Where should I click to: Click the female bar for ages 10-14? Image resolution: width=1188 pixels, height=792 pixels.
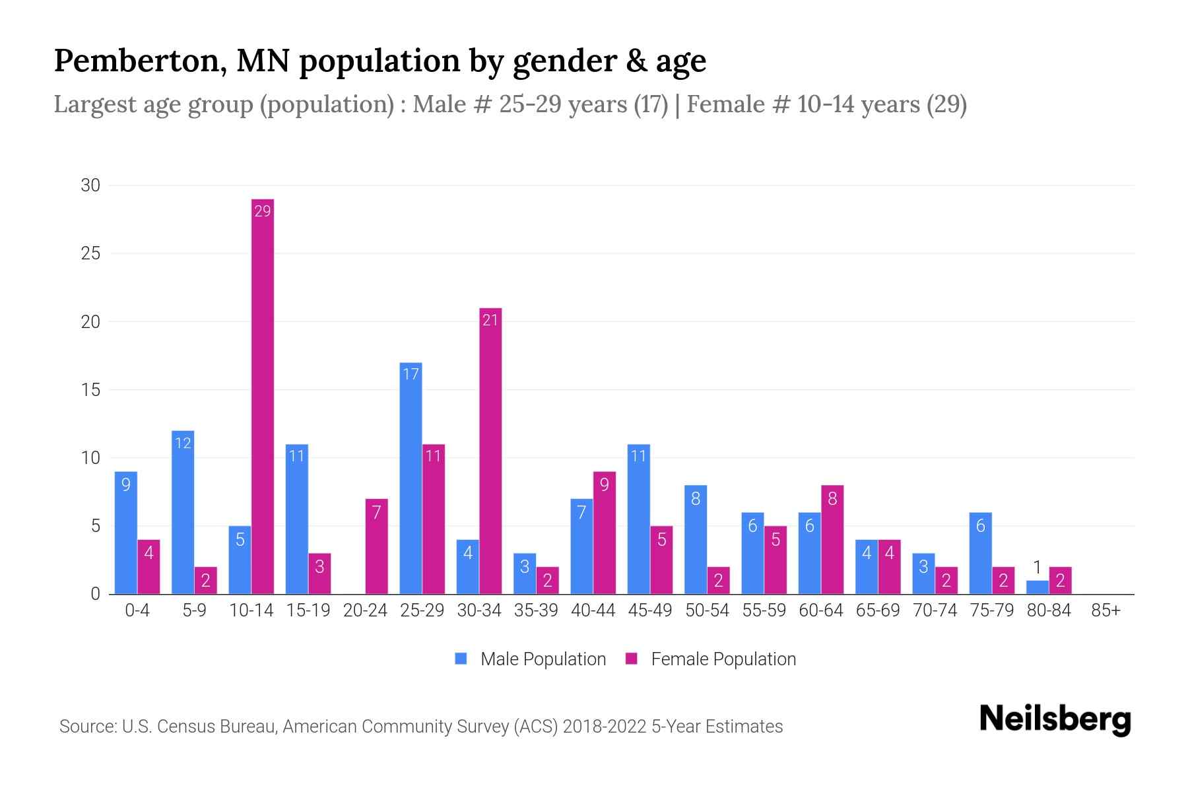[x=263, y=396]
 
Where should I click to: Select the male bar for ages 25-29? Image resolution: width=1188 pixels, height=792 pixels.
[x=411, y=478]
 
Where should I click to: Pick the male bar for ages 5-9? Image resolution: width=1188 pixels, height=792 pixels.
[x=183, y=512]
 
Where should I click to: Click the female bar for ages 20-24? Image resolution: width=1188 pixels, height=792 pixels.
[x=376, y=546]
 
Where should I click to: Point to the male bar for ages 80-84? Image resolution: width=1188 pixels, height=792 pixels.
[x=1038, y=587]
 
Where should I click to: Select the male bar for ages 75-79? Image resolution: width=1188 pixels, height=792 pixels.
[x=981, y=553]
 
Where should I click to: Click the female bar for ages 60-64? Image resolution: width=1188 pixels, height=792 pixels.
[x=832, y=540]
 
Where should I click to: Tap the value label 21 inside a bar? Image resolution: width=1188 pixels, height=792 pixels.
[x=490, y=320]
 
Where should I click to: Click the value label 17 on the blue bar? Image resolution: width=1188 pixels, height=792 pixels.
[x=411, y=374]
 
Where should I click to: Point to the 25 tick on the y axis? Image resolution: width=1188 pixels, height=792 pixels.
[x=90, y=253]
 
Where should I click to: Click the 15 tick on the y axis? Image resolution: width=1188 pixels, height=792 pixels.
[x=90, y=390]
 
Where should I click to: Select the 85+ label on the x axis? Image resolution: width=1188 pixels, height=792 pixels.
[x=1105, y=610]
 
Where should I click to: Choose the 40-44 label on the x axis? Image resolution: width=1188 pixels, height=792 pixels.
[x=593, y=610]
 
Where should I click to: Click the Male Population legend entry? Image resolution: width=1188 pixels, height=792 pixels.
[x=543, y=659]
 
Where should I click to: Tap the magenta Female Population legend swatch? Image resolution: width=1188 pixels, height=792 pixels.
[x=632, y=659]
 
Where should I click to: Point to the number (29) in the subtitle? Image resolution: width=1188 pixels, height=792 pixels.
[x=946, y=104]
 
